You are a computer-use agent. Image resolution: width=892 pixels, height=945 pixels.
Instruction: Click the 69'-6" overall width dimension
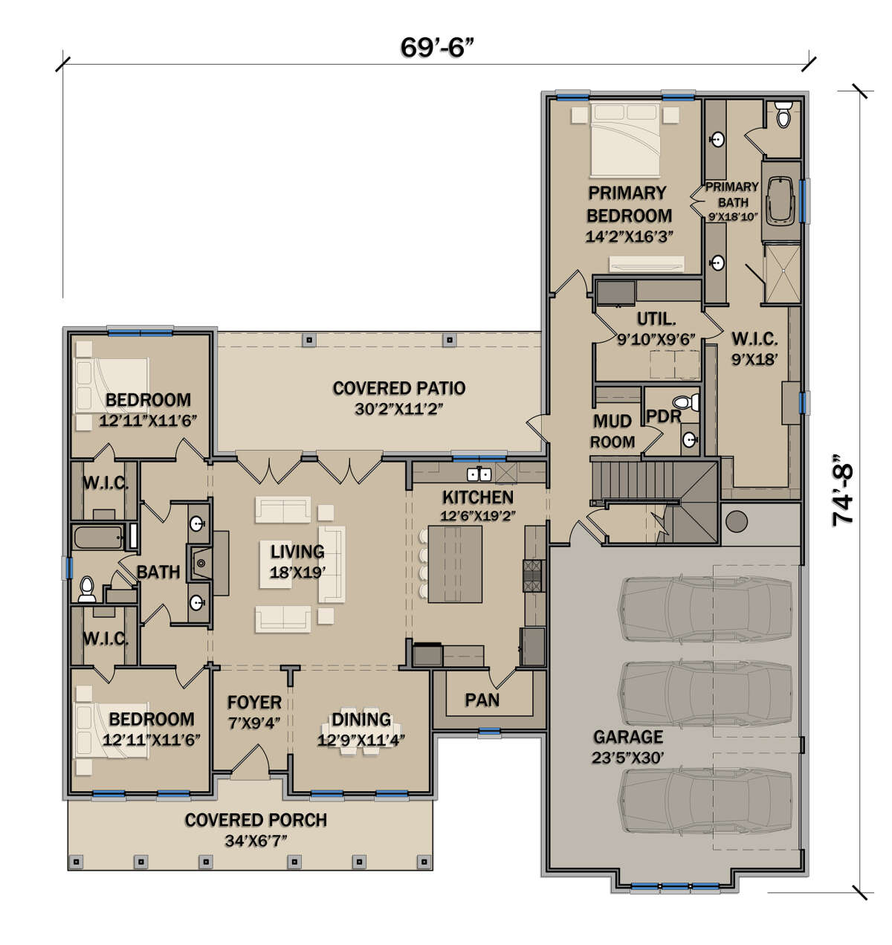click(437, 48)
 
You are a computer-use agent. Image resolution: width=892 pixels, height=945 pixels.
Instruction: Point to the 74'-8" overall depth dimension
click(842, 491)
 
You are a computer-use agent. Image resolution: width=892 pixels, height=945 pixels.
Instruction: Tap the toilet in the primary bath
click(783, 115)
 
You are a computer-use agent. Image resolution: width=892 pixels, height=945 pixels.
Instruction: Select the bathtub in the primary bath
click(780, 200)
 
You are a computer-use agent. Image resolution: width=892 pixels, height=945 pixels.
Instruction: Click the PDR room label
click(663, 417)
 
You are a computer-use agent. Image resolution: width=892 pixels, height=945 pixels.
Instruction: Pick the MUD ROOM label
click(613, 431)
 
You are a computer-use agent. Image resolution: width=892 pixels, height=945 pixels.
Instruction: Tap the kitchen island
click(455, 564)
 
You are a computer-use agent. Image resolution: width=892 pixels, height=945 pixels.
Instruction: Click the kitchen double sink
click(479, 474)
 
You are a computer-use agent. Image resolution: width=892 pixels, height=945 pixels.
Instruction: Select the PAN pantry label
click(482, 700)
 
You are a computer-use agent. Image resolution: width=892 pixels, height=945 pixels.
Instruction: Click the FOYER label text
click(254, 703)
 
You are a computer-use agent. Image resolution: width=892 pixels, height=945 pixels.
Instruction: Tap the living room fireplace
click(200, 564)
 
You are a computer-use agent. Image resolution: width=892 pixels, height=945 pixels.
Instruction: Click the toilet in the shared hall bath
click(86, 589)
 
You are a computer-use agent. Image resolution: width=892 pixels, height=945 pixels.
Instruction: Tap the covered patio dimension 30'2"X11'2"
click(398, 409)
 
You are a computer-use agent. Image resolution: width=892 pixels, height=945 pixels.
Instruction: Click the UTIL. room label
click(656, 319)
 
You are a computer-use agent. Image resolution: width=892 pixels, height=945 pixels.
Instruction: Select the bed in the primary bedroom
click(625, 140)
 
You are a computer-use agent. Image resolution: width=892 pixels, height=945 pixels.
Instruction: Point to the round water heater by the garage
click(737, 521)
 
